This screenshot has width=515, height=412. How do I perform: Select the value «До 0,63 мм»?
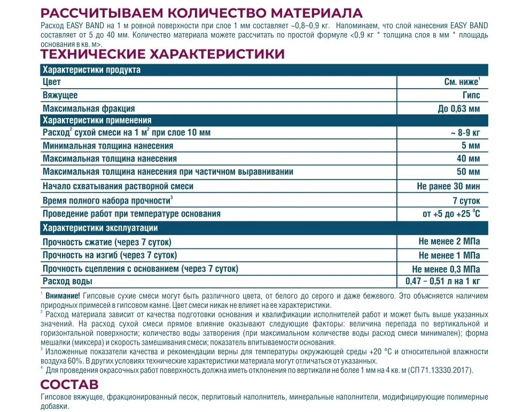[459, 108]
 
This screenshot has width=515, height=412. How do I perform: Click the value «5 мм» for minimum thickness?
[470, 145]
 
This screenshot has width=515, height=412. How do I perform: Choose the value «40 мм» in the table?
[468, 159]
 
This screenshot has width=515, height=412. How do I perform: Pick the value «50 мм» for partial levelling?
[468, 172]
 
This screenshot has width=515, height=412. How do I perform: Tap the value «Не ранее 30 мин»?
[448, 186]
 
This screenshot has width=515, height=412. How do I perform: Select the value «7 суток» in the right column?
[466, 200]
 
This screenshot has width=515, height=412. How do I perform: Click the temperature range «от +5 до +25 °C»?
[451, 214]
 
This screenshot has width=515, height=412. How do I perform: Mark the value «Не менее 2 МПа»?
[449, 242]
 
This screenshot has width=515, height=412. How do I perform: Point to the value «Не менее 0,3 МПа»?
[446, 268]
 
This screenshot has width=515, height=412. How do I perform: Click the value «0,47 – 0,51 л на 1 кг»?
[440, 281]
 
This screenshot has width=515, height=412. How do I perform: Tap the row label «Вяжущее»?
[60, 95]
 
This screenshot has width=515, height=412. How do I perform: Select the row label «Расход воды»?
[67, 281]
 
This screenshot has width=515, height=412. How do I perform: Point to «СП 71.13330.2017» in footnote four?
[435, 370]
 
